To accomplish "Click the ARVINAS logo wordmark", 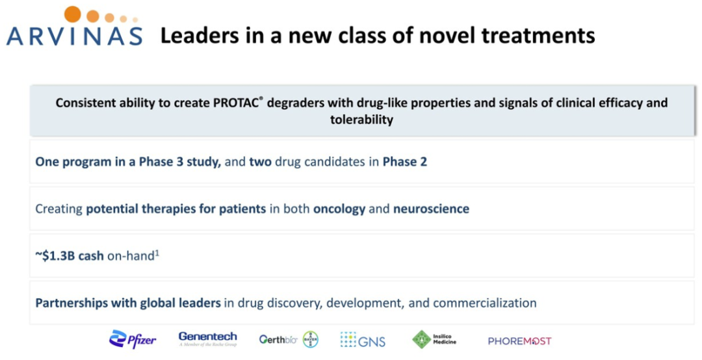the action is click(74, 36).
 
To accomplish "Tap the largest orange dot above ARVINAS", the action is click(73, 14).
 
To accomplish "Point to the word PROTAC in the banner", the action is click(235, 103).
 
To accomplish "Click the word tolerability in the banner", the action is click(362, 120).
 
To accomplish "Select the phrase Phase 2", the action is click(405, 162).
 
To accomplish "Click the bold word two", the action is click(261, 162).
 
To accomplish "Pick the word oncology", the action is click(339, 209).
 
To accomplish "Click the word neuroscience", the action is click(431, 209).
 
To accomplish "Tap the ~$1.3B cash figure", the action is click(70, 255).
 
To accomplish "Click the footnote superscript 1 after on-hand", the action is click(157, 253).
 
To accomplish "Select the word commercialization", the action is click(485, 303).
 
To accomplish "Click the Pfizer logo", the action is click(133, 340).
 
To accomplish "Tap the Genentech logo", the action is click(208, 339).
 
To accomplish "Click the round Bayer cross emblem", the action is click(311, 339).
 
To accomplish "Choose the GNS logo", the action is click(363, 340).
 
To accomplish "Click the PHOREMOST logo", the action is click(520, 341).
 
